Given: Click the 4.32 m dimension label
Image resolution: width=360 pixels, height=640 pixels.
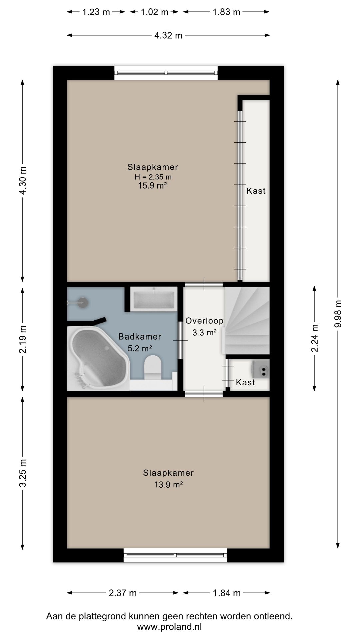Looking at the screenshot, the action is coord(168,35).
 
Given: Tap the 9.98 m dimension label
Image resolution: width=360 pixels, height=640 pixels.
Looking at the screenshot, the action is coord(338,314).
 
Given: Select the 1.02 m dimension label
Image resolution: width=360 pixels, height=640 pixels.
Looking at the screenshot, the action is coord(154,12).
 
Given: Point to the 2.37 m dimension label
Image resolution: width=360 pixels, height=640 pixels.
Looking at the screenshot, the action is coord(123,593).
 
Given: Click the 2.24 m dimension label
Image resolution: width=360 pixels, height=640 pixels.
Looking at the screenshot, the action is coord(314,338).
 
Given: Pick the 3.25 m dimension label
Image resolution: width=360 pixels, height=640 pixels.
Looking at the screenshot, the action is coord(23,473).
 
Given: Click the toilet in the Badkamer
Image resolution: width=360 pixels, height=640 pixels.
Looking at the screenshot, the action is coord(153,367).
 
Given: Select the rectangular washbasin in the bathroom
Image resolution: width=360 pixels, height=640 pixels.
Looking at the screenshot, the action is coord(154,299).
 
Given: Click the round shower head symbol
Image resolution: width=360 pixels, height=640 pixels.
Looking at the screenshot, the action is coord(83,303).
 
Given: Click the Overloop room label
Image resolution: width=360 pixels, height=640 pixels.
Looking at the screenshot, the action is coord(204,321).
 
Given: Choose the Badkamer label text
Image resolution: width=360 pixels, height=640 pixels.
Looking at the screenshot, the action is coord(140,337).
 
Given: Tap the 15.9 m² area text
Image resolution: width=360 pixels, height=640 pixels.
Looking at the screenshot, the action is coord(152,186).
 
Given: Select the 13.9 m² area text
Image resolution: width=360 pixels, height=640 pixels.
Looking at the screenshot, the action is coord(168,485).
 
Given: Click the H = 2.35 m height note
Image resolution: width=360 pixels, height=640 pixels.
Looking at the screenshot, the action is coord(153,177).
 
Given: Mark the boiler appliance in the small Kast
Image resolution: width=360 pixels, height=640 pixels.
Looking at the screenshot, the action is coord(261,369).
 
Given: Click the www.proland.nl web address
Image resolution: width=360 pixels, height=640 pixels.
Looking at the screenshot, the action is coord(169,627).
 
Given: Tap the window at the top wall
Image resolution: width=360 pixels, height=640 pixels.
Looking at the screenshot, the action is coord(166,73).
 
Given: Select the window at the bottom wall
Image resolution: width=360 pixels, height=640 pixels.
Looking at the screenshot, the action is coord(175,555).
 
